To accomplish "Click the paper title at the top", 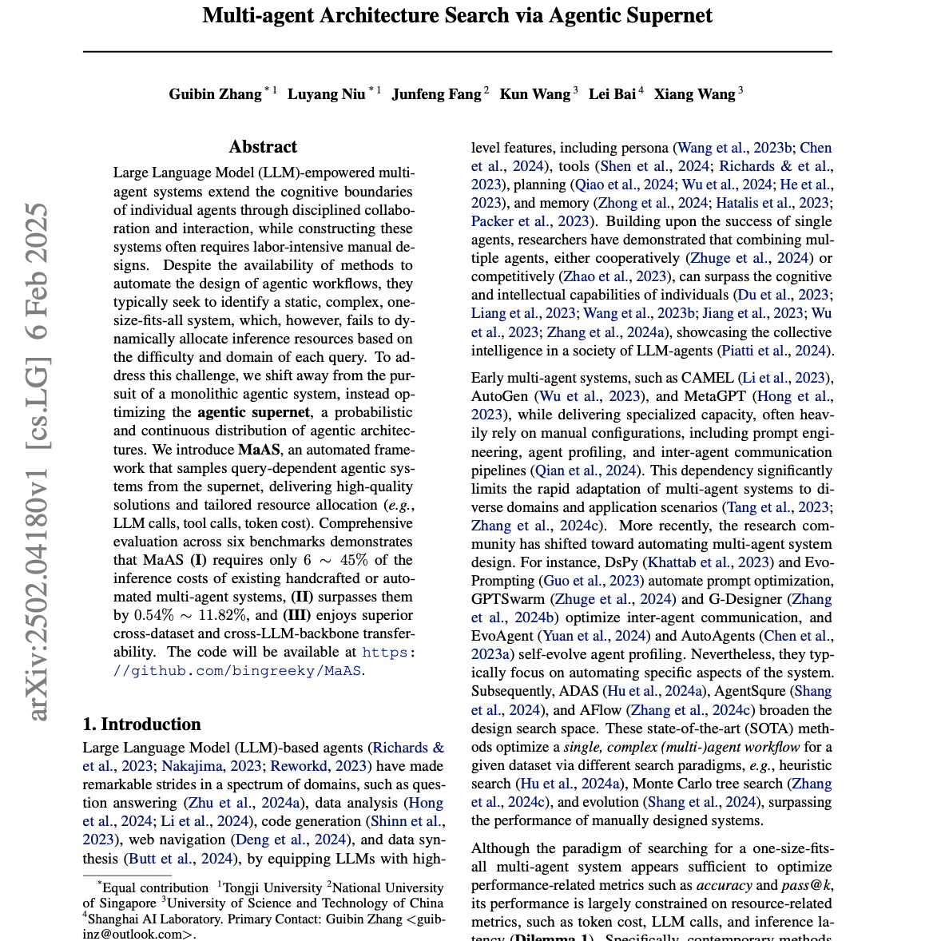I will tap(458, 16).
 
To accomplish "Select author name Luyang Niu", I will tap(327, 94).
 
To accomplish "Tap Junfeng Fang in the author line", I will tap(436, 94).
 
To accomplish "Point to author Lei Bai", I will tap(612, 94).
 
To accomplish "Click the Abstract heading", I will tap(263, 147).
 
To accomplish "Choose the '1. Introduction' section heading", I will tap(141, 725).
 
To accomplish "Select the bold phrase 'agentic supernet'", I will tap(253, 412).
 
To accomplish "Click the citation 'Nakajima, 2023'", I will tap(212, 766).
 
